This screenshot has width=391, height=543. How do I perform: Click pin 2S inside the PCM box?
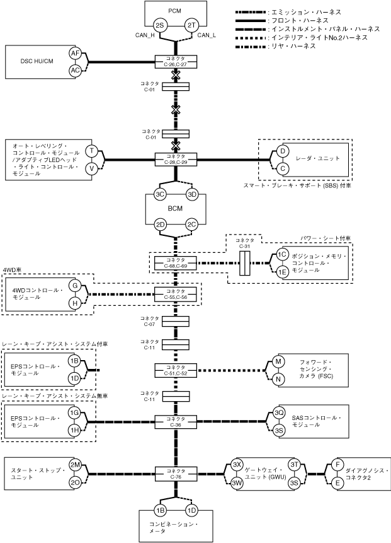160,25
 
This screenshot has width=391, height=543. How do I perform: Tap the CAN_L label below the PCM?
207,35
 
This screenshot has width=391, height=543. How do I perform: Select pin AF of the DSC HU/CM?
75,54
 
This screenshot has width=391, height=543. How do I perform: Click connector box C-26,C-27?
176,61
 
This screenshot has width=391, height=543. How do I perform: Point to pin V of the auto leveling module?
92,168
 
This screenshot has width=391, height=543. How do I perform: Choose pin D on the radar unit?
283,151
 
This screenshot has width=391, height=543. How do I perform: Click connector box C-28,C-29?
176,158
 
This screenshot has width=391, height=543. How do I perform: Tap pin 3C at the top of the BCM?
160,194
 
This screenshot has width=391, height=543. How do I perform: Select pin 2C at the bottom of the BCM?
192,225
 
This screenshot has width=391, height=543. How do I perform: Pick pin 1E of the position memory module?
283,272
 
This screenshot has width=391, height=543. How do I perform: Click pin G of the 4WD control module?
75,286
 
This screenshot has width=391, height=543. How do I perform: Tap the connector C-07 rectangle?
176,321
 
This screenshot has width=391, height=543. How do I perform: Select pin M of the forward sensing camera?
278,361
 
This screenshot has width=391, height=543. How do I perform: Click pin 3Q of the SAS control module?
280,412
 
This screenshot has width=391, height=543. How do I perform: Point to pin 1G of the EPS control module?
75,412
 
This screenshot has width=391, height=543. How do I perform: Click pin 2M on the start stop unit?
75,465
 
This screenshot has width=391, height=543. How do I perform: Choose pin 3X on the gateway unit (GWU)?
237,465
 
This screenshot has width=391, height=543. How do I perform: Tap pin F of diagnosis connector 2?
338,465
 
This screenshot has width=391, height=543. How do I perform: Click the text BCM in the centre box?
176,209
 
